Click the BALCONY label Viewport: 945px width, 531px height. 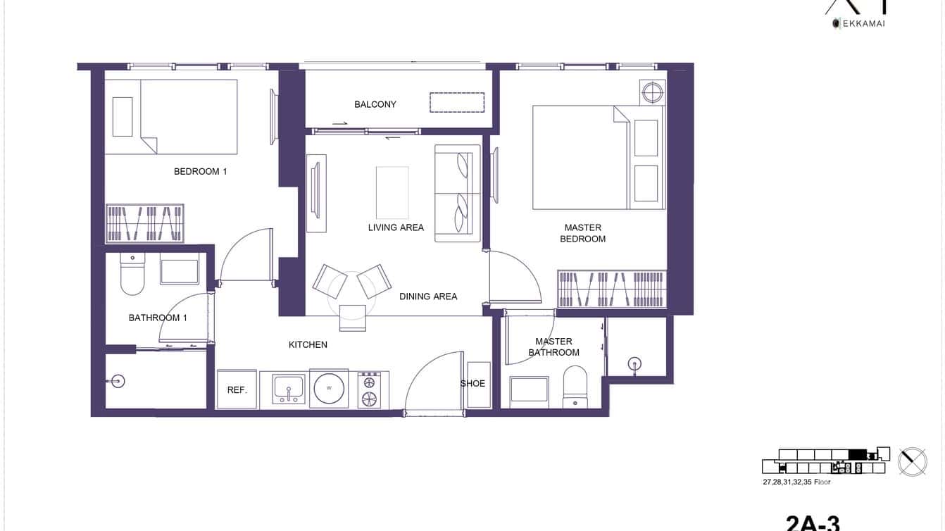click(375, 104)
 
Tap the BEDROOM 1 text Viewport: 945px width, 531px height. click(200, 171)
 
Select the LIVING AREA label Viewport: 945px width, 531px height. click(396, 227)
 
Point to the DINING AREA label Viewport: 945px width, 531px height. click(428, 296)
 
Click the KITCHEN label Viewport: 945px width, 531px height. click(308, 345)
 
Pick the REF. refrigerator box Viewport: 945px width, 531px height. click(237, 389)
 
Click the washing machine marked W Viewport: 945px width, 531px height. click(329, 388)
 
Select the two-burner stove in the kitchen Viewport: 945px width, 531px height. click(368, 389)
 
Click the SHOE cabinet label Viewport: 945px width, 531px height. click(472, 384)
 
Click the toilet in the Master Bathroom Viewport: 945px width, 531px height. click(575, 386)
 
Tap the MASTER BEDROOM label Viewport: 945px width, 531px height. click(582, 233)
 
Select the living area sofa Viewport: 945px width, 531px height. click(457, 193)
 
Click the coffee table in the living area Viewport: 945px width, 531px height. click(392, 192)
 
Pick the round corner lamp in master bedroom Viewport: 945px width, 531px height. click(652, 92)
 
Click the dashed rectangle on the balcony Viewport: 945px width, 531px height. click(457, 102)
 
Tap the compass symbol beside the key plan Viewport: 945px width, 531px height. click(912, 461)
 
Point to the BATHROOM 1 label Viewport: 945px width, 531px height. click(158, 318)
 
